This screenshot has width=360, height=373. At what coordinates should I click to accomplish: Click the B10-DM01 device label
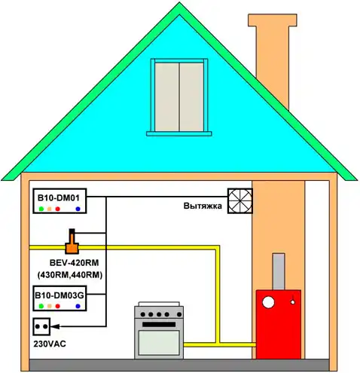59,198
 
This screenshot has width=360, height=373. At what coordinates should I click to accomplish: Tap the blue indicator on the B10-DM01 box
78,209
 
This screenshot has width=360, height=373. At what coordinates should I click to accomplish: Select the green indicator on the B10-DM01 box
41,209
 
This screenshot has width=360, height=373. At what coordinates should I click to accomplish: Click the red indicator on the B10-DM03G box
58,306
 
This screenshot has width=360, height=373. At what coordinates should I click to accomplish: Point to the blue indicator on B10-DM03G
78,306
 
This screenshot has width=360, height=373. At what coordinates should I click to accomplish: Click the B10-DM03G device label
59,295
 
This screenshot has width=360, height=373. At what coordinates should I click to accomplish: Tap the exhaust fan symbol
240,201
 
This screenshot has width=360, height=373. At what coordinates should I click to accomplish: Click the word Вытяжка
203,206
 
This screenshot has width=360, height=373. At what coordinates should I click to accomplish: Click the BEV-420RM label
74,263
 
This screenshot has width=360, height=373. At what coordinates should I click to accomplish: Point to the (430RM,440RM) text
70,275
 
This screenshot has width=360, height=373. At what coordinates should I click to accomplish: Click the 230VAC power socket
41,326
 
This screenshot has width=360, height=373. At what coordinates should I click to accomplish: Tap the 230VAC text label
50,344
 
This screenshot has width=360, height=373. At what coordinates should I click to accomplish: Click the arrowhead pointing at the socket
55,326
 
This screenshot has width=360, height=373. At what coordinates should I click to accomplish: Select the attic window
179,97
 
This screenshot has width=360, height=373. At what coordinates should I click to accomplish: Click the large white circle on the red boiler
268,302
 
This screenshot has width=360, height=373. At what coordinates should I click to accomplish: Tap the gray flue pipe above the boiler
279,271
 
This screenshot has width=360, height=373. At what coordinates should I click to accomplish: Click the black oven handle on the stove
159,325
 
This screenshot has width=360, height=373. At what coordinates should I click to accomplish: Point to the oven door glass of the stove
159,343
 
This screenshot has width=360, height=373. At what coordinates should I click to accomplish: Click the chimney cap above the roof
273,20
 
